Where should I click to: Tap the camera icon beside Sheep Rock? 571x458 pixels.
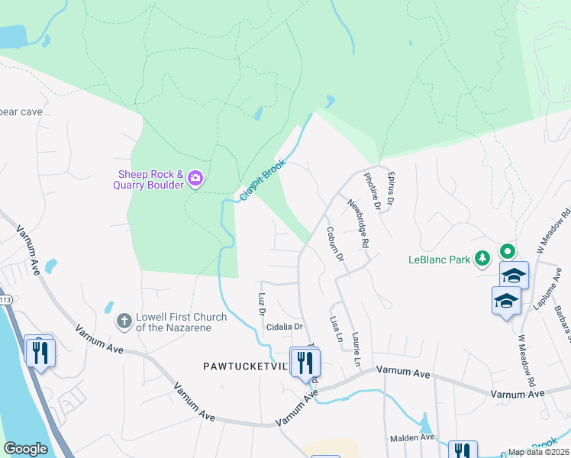196,179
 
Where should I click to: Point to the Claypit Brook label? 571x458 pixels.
263,180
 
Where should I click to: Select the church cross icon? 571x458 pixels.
124,321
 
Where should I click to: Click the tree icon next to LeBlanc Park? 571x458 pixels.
482,259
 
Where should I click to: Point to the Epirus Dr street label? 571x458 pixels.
392,189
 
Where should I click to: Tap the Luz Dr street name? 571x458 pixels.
261,305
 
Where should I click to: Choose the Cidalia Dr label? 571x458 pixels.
285,327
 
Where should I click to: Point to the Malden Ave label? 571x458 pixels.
412,438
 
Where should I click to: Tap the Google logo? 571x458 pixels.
25,449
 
